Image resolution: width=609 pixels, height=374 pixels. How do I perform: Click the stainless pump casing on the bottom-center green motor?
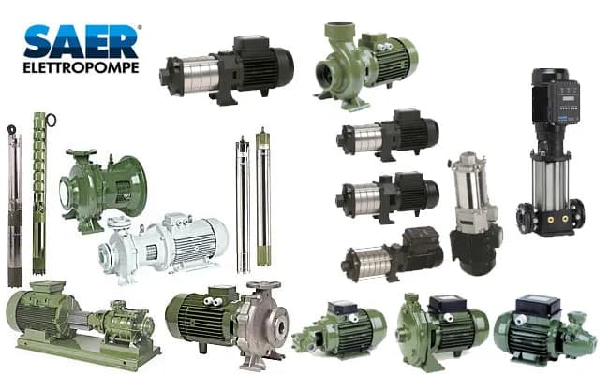coord(258,323)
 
